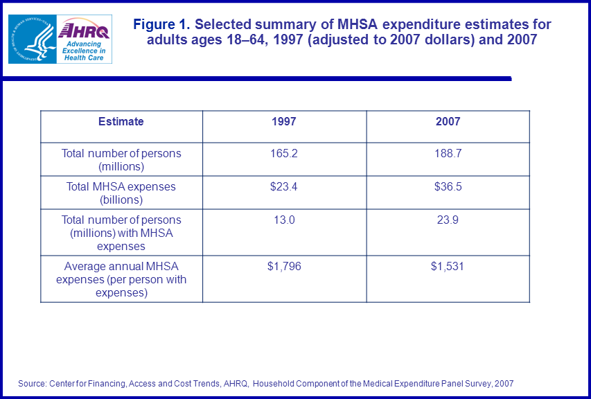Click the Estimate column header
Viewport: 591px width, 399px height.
click(121, 121)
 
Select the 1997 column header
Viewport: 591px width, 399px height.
click(284, 121)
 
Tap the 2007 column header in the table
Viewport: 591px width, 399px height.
click(448, 121)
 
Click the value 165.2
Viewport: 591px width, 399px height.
click(284, 153)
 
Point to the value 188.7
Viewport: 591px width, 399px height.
click(448, 153)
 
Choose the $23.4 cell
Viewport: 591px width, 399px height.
click(284, 186)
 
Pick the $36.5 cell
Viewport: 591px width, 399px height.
click(448, 186)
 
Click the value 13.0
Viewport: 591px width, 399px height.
click(284, 220)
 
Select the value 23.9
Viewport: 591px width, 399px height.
click(448, 220)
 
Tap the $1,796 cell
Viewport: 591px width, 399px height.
click(284, 266)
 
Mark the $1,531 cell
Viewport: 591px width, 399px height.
click(448, 266)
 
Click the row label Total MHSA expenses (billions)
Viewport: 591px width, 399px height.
click(121, 193)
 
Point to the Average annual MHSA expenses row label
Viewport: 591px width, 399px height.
click(121, 279)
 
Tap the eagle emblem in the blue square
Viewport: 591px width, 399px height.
click(31, 39)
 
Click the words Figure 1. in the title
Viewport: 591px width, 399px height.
click(161, 25)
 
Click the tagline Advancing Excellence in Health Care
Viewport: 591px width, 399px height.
click(83, 51)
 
